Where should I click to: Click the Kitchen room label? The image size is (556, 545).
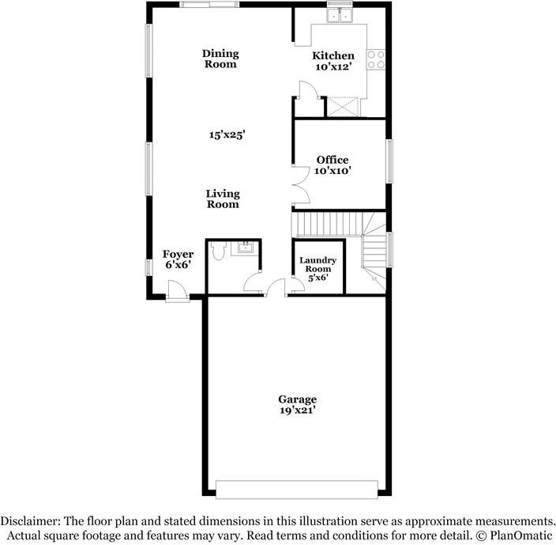333,55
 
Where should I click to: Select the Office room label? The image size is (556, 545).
332,160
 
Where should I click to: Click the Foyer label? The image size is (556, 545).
178,254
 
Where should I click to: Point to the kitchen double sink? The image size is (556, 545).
342,15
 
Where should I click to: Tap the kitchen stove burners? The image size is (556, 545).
377,59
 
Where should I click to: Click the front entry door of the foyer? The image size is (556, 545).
177,293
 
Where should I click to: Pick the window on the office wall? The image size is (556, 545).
389,158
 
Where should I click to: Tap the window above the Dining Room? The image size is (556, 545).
208,5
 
